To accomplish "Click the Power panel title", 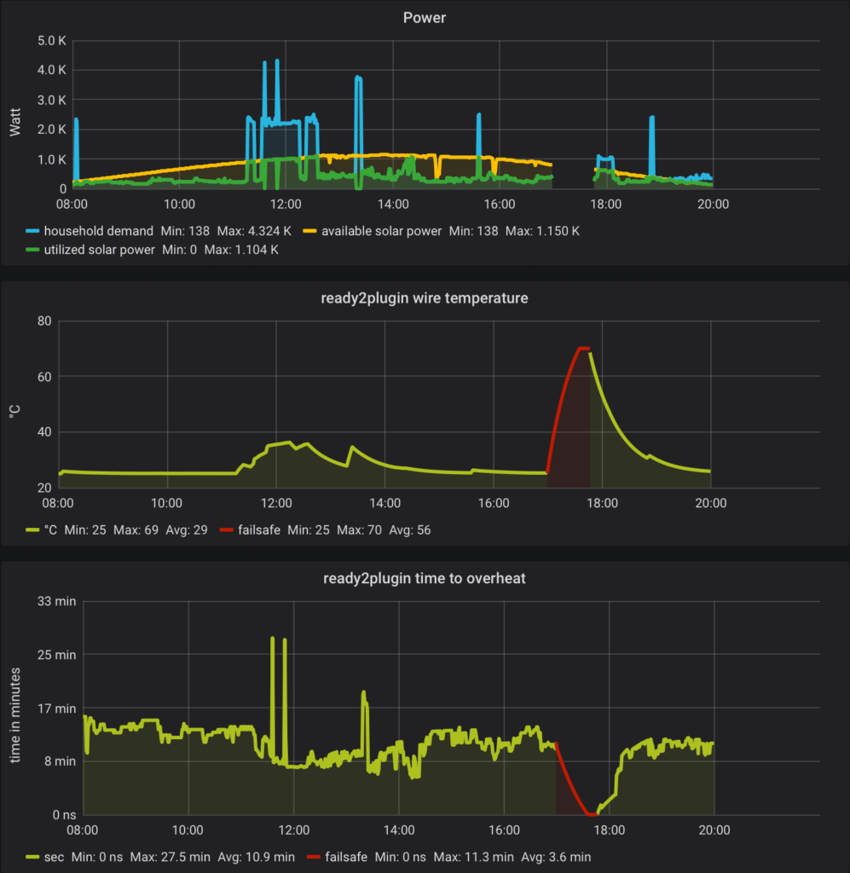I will [x=425, y=18].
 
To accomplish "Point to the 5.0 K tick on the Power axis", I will [x=51, y=40].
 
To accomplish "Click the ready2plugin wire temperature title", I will [x=425, y=298].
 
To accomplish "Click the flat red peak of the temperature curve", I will [x=583, y=348].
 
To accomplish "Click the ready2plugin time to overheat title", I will [x=425, y=578].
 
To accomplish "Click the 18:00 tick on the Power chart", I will [x=605, y=204].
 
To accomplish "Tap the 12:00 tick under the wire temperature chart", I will [x=276, y=502].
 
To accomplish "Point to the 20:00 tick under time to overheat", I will [x=714, y=830].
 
